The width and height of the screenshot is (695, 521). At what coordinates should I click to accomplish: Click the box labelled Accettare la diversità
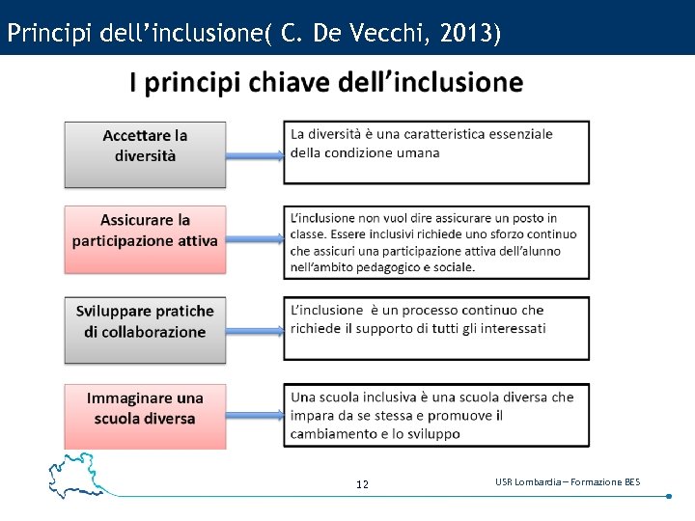pyautogui.click(x=145, y=153)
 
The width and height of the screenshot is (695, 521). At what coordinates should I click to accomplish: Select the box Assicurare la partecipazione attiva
pyautogui.click(x=145, y=238)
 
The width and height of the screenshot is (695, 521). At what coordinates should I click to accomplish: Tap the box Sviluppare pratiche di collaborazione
pyautogui.click(x=145, y=329)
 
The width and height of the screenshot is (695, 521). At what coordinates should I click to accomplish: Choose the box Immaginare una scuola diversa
pyautogui.click(x=145, y=416)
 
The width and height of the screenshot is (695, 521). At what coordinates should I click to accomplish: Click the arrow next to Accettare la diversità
pyautogui.click(x=255, y=153)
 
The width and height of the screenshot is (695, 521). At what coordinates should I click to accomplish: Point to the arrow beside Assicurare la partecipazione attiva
pyautogui.click(x=255, y=239)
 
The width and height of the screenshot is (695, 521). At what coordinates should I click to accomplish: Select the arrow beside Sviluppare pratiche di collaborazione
pyautogui.click(x=255, y=328)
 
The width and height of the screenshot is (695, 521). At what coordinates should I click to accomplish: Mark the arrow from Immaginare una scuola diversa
pyautogui.click(x=255, y=416)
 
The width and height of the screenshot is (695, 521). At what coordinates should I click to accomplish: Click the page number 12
pyautogui.click(x=362, y=484)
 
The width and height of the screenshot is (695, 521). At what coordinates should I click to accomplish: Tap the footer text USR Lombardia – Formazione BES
pyautogui.click(x=567, y=481)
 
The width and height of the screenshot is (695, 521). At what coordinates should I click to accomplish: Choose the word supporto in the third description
pyautogui.click(x=388, y=328)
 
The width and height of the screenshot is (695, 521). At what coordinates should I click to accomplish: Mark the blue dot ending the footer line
pyautogui.click(x=668, y=497)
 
